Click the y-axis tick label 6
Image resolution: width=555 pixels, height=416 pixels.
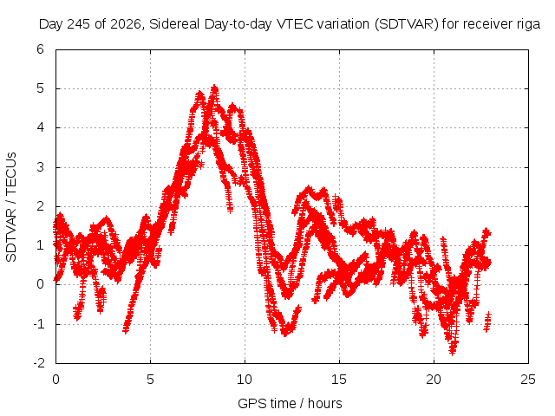[x=41, y=49]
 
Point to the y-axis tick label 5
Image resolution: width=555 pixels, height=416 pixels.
[x=41, y=88]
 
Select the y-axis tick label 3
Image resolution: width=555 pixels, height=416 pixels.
[x=41, y=167]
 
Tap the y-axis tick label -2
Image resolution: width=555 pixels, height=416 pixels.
[x=38, y=363]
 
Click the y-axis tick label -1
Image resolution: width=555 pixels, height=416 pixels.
[x=38, y=323]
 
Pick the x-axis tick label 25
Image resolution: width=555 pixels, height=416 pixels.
[x=528, y=380]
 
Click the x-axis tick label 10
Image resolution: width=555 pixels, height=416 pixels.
[x=245, y=380]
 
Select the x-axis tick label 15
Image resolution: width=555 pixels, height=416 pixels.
[x=339, y=380]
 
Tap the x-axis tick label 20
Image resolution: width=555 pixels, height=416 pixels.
[x=434, y=380]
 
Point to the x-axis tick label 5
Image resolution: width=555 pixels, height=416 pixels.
[x=150, y=380]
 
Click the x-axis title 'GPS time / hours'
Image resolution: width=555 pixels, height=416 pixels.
[x=290, y=403]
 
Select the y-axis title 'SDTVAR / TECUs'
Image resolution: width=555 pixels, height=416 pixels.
[x=11, y=207]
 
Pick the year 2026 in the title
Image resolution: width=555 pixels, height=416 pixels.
[x=126, y=24]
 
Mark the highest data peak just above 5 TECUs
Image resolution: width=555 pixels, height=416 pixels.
[x=214, y=87]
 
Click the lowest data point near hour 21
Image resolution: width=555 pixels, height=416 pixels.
[x=452, y=352]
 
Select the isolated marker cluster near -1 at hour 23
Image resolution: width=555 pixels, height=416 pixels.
[x=487, y=322]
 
